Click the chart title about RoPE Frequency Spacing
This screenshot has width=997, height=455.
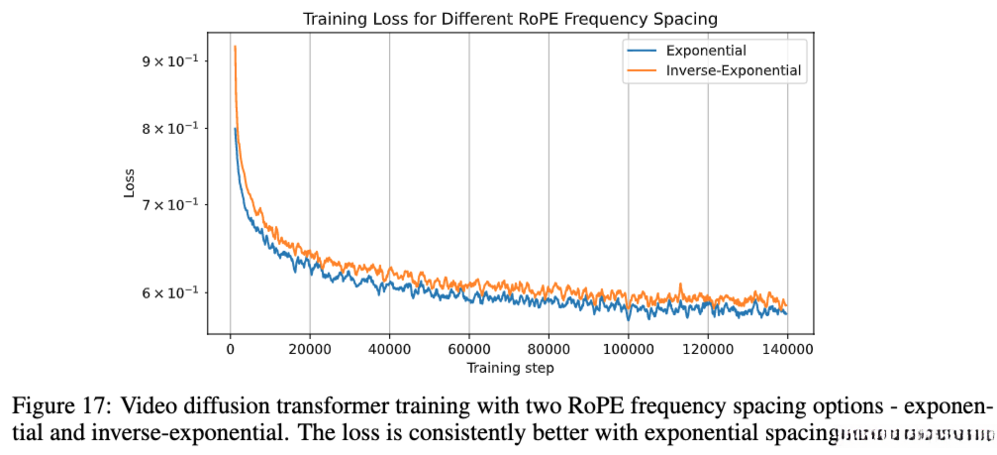click(x=510, y=18)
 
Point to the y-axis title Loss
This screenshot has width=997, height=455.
click(x=130, y=183)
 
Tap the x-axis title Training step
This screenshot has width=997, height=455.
click(x=510, y=368)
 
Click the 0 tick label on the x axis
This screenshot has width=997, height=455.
click(x=231, y=350)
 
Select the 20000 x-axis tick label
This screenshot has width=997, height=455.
click(x=310, y=350)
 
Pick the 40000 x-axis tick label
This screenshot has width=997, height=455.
click(x=389, y=350)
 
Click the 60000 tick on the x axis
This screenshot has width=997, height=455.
click(x=469, y=350)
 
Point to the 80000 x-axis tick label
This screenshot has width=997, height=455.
click(x=548, y=350)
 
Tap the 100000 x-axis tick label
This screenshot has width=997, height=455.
click(x=628, y=350)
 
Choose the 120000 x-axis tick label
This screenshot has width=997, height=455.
click(x=708, y=350)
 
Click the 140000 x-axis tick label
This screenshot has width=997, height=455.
click(x=787, y=350)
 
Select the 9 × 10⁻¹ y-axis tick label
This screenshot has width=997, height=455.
click(x=169, y=60)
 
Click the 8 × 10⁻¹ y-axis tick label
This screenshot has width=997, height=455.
click(x=169, y=128)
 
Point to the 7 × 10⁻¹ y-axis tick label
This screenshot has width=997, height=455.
click(x=169, y=204)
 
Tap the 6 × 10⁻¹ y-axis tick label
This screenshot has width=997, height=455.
click(x=169, y=292)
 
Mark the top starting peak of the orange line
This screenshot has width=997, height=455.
click(x=235, y=47)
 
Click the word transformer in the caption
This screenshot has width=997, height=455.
click(x=280, y=406)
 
